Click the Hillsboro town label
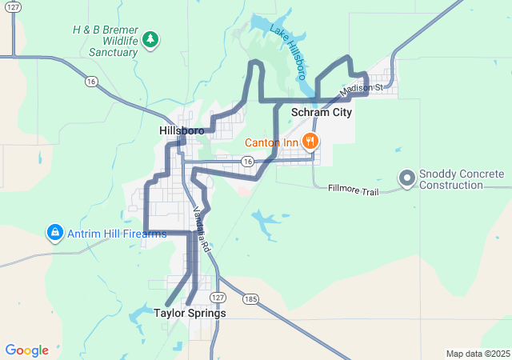182,130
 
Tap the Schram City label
322,113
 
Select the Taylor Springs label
190,314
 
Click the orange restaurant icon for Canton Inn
310,142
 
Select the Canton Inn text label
271,143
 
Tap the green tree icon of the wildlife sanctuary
150,38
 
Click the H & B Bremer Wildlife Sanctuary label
105,41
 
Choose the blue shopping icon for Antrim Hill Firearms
54,234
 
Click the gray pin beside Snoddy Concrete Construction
406,178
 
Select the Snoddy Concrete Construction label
462,179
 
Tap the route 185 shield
252,298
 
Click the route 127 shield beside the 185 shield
218,298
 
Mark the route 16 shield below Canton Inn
248,162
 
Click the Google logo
26,350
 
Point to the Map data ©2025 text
477,354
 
